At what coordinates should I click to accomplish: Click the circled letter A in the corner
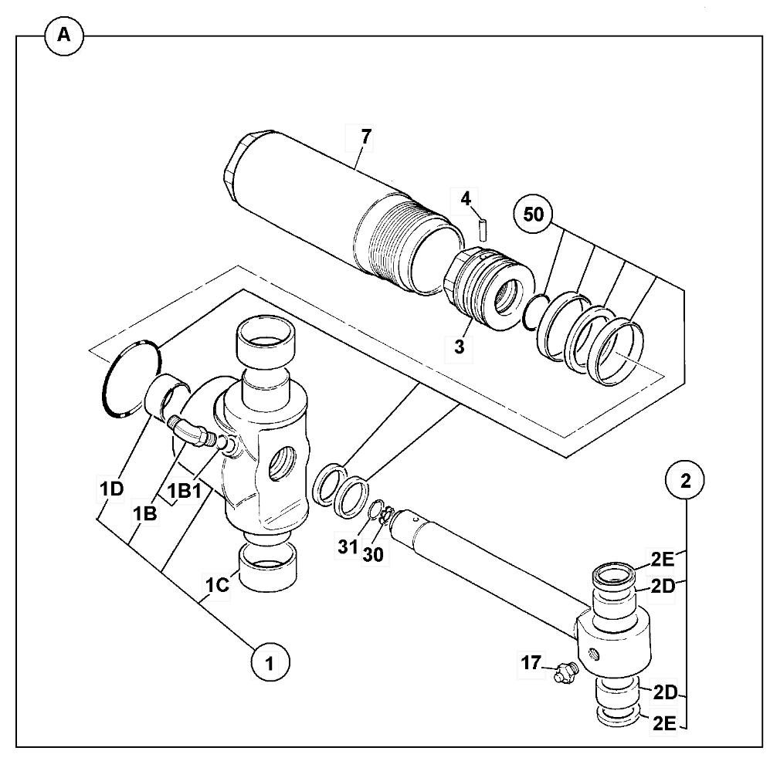click(x=64, y=36)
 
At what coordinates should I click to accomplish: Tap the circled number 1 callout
click(x=270, y=661)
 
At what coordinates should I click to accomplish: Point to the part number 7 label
click(x=365, y=137)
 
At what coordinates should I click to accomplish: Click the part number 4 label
click(x=465, y=199)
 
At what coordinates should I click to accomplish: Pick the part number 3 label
click(x=459, y=347)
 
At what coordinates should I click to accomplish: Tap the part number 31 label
click(x=348, y=546)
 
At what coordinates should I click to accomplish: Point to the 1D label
click(x=111, y=489)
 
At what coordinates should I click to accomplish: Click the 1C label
click(x=217, y=584)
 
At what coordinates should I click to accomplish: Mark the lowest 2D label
click(x=663, y=692)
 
